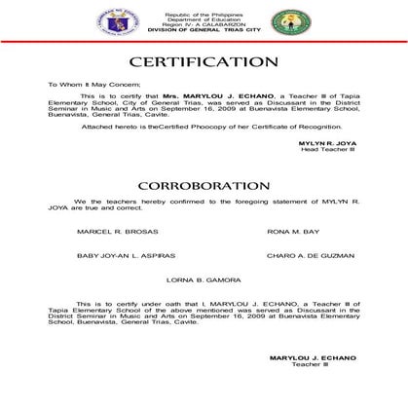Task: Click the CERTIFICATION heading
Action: point(204,63)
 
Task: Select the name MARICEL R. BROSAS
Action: point(103,231)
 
